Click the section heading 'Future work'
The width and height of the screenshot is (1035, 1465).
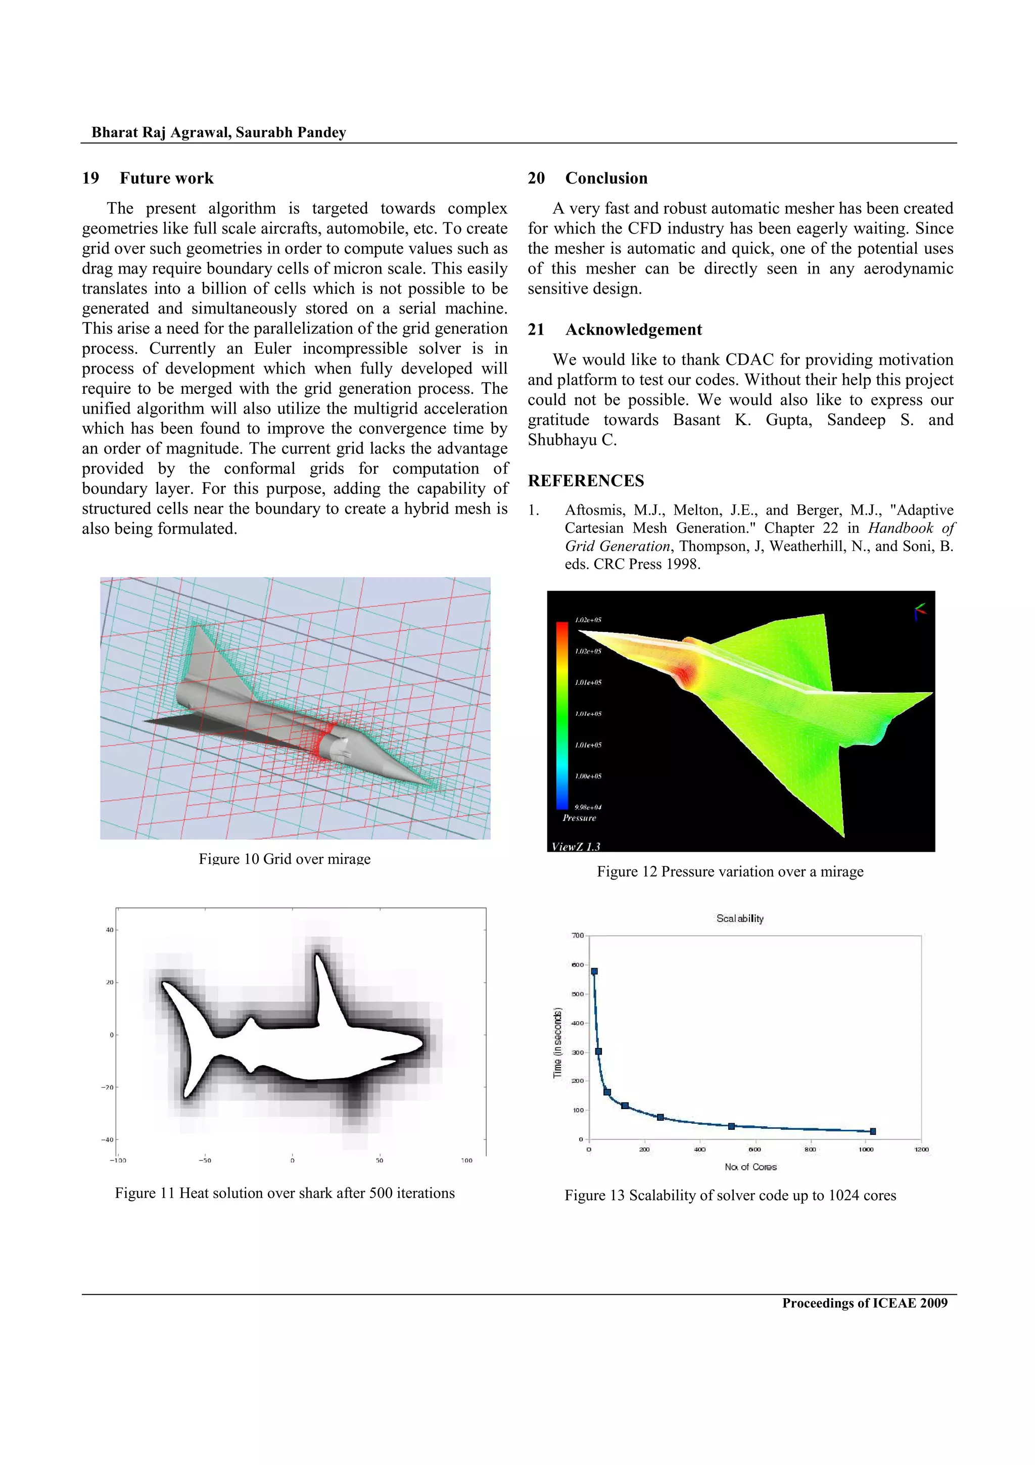pyautogui.click(x=166, y=178)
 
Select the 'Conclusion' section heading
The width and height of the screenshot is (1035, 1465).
pyautogui.click(x=606, y=178)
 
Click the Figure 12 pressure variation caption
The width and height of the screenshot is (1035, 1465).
pyautogui.click(x=730, y=872)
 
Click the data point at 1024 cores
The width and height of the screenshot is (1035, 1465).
pyautogui.click(x=873, y=1131)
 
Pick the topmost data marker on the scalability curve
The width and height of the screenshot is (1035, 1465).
pyautogui.click(x=594, y=972)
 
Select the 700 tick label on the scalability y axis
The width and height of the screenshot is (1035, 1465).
pyautogui.click(x=577, y=935)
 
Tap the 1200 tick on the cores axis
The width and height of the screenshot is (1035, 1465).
pyautogui.click(x=921, y=1149)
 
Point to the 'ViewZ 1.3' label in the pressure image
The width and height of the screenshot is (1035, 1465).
pyautogui.click(x=575, y=847)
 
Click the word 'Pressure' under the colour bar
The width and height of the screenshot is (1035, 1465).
pyautogui.click(x=579, y=818)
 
